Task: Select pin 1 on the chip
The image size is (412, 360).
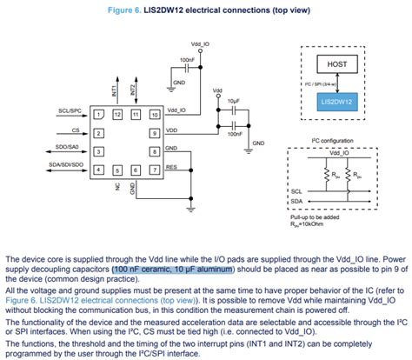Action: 98,115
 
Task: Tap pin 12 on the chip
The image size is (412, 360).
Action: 116,115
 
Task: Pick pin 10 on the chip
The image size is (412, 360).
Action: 154,115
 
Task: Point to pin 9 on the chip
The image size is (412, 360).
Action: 154,133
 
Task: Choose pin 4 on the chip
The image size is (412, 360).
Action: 98,170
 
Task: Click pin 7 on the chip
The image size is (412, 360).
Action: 154,170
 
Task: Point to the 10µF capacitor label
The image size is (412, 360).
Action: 232,101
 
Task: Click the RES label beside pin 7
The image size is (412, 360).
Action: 171,166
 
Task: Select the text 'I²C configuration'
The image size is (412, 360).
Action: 321,140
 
